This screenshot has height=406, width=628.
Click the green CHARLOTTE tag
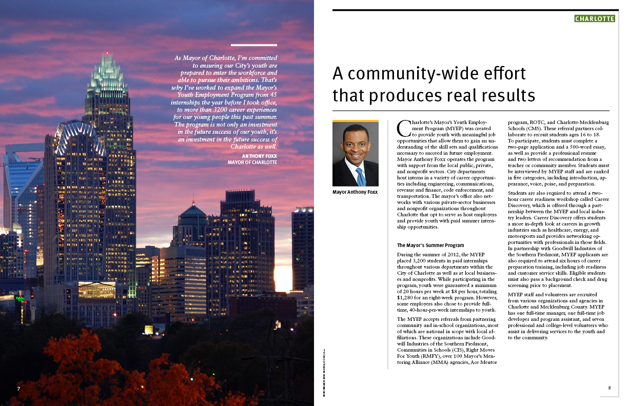[x=594, y=19]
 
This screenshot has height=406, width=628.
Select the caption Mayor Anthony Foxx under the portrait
[x=355, y=192]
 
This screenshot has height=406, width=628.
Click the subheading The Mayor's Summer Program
[x=430, y=245]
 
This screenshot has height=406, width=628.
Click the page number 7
[x=18, y=388]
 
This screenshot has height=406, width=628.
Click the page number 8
[x=610, y=388]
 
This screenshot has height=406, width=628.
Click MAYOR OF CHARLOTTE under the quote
[x=252, y=163]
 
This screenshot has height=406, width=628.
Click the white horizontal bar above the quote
[x=254, y=45]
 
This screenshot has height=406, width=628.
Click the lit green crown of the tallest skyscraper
[x=107, y=77]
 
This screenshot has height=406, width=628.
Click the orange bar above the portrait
[x=355, y=121]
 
